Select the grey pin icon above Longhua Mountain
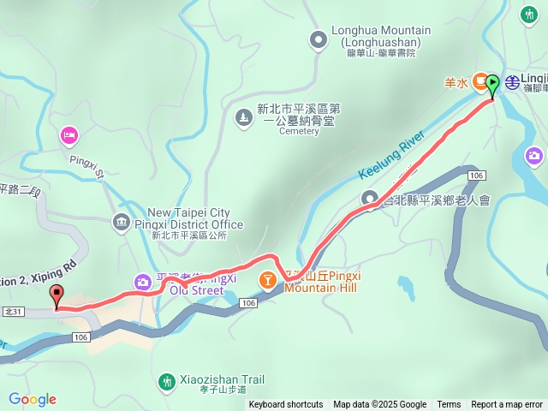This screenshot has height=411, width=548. coord(319,38)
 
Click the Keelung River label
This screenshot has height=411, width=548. coord(385,155)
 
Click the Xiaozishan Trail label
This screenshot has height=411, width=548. coord(222,379)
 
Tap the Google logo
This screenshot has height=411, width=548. coord(32,399)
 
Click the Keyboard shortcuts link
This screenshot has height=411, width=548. coord(286,405)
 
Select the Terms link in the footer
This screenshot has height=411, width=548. coord(449,405)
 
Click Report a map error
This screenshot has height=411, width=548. coord(507,405)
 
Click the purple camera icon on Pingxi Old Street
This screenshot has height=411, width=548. coord(141,281)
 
